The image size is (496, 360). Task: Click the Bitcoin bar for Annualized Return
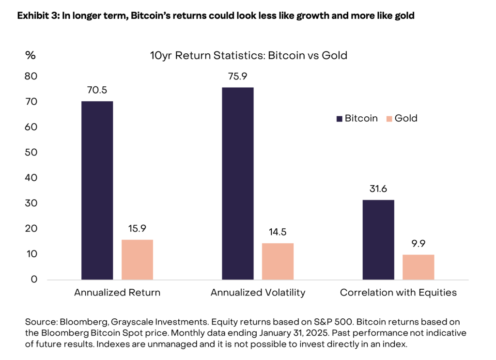(x=97, y=190)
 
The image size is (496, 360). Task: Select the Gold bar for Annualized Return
(x=137, y=260)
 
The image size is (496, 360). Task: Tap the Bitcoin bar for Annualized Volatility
(x=238, y=184)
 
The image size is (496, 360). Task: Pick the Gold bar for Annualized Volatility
(x=278, y=262)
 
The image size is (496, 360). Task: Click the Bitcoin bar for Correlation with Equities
(x=378, y=240)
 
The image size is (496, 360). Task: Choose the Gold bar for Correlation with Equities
(x=418, y=267)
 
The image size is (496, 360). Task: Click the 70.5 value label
(x=97, y=91)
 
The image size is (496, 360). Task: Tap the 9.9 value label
(x=418, y=244)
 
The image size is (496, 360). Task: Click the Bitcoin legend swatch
(x=339, y=118)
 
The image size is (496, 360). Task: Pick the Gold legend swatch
(x=388, y=118)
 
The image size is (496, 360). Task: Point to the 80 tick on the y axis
(x=31, y=77)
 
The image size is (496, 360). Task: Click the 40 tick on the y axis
(x=31, y=178)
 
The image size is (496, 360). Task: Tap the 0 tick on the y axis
(x=34, y=279)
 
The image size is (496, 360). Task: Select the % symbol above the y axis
(x=31, y=55)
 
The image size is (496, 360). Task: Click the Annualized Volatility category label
(x=258, y=293)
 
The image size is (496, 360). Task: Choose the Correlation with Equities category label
(x=398, y=293)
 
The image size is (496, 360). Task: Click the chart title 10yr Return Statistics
(x=248, y=55)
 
